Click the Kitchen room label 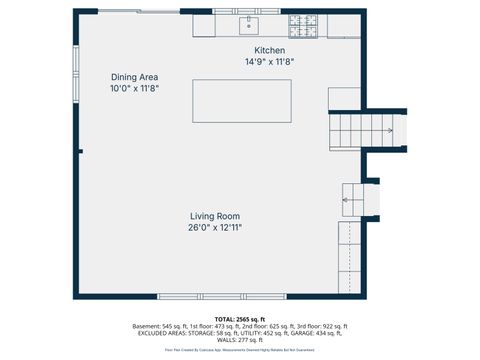point(271,50)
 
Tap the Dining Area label point(134,77)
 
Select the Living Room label point(215,216)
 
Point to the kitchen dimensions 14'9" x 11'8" point(270,62)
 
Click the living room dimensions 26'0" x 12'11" point(215,228)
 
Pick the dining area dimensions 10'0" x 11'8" point(134,88)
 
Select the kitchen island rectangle point(241,101)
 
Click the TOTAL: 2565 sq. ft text point(240,318)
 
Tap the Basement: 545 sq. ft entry point(165,326)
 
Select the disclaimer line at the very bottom point(240,350)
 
